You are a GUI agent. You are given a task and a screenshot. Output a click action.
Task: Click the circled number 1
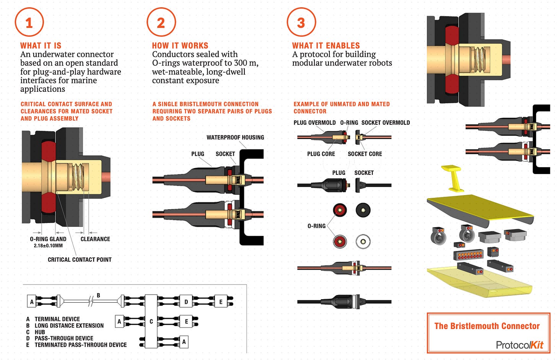pyautogui.click(x=29, y=22)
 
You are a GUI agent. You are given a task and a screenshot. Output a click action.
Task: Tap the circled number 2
pyautogui.click(x=161, y=22)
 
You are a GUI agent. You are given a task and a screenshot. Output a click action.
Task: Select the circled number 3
pyautogui.click(x=301, y=22)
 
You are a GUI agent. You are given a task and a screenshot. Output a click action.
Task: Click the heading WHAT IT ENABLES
pyautogui.click(x=326, y=46)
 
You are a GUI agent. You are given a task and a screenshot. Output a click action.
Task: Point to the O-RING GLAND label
pyautogui.click(x=48, y=239)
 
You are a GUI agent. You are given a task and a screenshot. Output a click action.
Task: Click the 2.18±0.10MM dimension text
pyautogui.click(x=48, y=246)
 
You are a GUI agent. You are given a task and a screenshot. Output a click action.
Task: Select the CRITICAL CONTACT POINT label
pyautogui.click(x=80, y=259)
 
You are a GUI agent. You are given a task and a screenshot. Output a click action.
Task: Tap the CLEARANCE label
pyautogui.click(x=95, y=239)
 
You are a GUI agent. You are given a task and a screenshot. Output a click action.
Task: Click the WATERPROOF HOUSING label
pyautogui.click(x=235, y=137)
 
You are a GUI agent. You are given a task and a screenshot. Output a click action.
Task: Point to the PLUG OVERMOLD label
pyautogui.click(x=314, y=122)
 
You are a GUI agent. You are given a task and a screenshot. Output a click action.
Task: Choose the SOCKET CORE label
pyautogui.click(x=365, y=154)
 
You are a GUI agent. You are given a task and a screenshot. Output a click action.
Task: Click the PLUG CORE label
pyautogui.click(x=321, y=154)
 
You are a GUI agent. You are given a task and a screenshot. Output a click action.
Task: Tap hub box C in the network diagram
pyautogui.click(x=151, y=321)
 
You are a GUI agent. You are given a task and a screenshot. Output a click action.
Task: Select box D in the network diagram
pyautogui.click(x=186, y=301)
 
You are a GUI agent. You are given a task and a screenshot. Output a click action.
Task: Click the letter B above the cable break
pyautogui.click(x=98, y=295)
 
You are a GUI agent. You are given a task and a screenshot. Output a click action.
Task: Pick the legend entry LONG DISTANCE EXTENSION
pyautogui.click(x=69, y=326)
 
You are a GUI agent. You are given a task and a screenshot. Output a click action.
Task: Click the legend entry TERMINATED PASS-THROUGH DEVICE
pyautogui.click(x=81, y=345)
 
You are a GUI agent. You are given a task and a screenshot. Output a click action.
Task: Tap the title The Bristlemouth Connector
pyautogui.click(x=487, y=326)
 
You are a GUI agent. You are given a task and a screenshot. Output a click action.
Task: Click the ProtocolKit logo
pyautogui.click(x=520, y=345)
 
